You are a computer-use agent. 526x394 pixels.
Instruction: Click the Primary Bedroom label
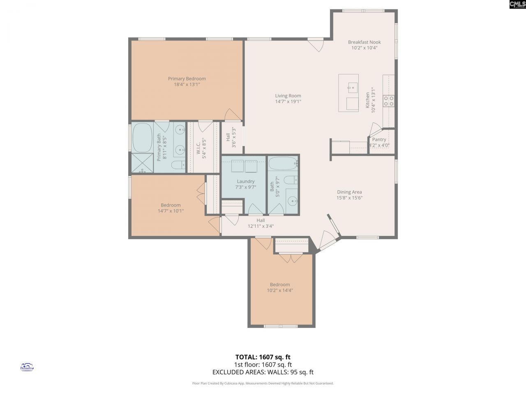coord(187,79)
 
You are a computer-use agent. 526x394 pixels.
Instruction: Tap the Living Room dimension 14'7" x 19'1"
coord(288,101)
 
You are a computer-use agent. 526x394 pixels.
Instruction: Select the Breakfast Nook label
coord(364,42)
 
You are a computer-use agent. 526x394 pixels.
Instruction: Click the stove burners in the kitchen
coord(389,101)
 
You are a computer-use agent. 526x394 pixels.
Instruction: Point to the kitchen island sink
coord(352,87)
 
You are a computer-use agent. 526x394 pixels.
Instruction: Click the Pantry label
coord(379,140)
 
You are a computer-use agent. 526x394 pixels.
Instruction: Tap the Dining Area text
coord(349,192)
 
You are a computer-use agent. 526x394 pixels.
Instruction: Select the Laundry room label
coord(246,181)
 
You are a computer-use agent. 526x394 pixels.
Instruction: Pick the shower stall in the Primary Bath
coord(142,163)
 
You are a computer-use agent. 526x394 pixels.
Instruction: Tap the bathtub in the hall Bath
coord(282,164)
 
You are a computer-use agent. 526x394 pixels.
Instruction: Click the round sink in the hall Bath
coord(292,201)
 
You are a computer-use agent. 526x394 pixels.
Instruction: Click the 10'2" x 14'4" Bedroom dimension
coord(280,290)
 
